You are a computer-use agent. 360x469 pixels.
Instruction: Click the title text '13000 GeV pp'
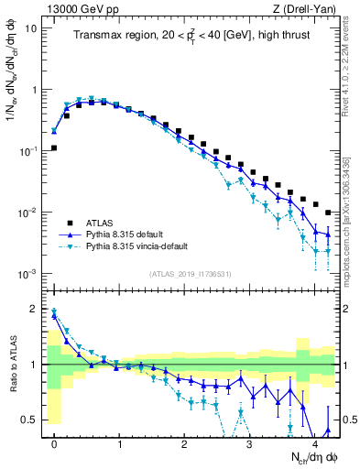tap(78, 8)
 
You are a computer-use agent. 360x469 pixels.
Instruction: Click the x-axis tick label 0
tap(55, 442)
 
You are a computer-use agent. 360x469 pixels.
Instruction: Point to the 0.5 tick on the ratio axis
tap(33, 420)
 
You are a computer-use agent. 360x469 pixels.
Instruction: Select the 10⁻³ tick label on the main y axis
tap(30, 274)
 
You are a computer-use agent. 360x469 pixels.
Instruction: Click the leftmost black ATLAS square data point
tap(54, 147)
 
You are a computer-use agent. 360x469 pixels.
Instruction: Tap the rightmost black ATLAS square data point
tap(328, 213)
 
